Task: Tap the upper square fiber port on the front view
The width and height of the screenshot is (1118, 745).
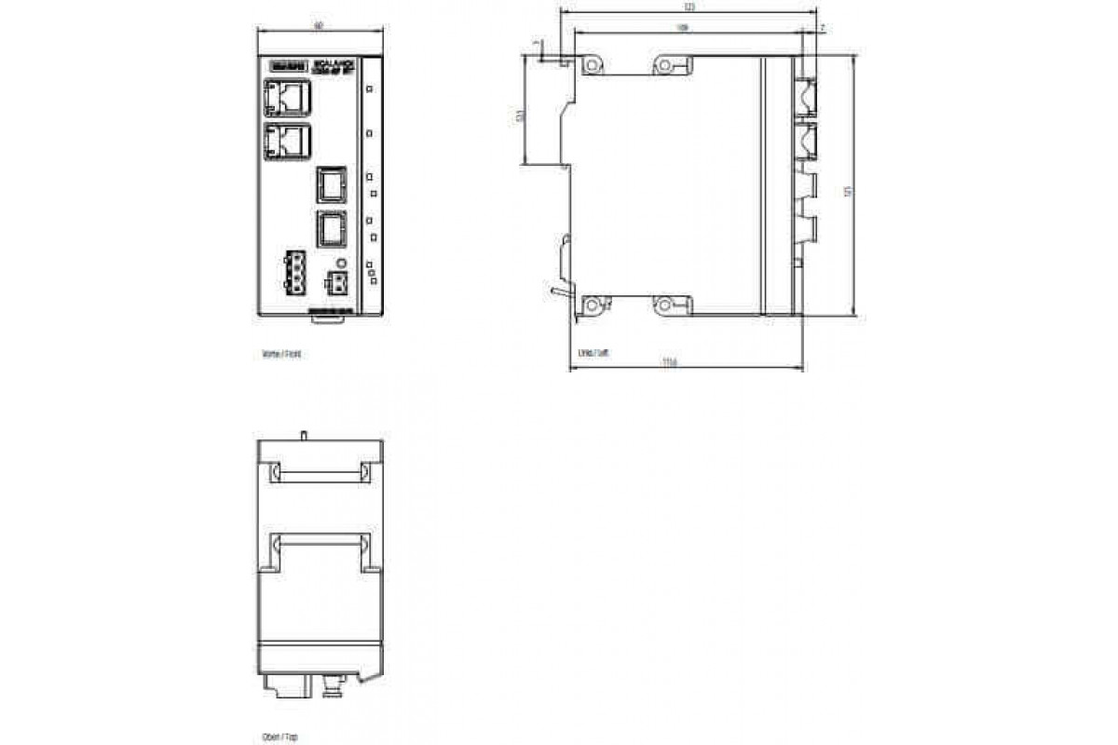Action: click(330, 184)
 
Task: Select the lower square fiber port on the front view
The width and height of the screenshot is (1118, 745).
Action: click(330, 228)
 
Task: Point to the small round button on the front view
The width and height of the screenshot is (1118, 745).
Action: click(342, 264)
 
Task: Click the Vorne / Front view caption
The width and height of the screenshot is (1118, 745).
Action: click(282, 355)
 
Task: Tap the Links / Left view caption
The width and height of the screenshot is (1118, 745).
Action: click(593, 354)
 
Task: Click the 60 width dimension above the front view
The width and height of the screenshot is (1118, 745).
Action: click(319, 26)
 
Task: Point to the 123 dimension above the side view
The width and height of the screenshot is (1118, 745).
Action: click(689, 7)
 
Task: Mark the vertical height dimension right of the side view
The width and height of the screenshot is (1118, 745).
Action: click(848, 191)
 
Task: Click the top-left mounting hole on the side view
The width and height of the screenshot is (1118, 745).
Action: click(592, 65)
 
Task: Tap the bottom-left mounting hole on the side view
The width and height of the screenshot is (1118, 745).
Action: click(592, 304)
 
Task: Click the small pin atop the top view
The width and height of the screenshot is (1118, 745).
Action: click(305, 434)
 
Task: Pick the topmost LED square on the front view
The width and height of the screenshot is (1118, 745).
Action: click(370, 88)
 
